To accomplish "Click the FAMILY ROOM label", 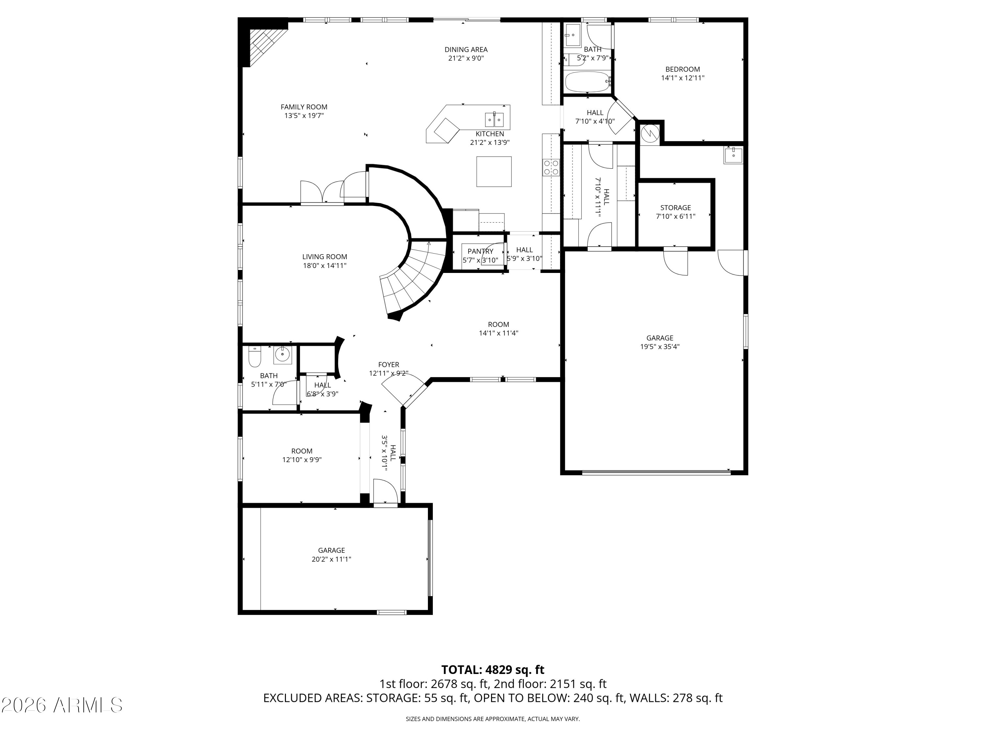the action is click(304, 107).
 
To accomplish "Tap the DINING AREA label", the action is click(466, 50).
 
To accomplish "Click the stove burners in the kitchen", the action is click(551, 168).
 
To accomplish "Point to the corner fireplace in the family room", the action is click(263, 45).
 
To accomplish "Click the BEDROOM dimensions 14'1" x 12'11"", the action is click(682, 78).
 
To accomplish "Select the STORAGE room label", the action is click(675, 208).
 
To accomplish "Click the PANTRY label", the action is click(480, 251).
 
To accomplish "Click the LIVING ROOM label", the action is click(324, 257).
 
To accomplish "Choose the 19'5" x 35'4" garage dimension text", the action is click(660, 347).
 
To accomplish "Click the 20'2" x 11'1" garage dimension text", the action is click(331, 559).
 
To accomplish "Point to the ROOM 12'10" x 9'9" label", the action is click(302, 455).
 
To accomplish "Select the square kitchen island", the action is click(494, 171).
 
